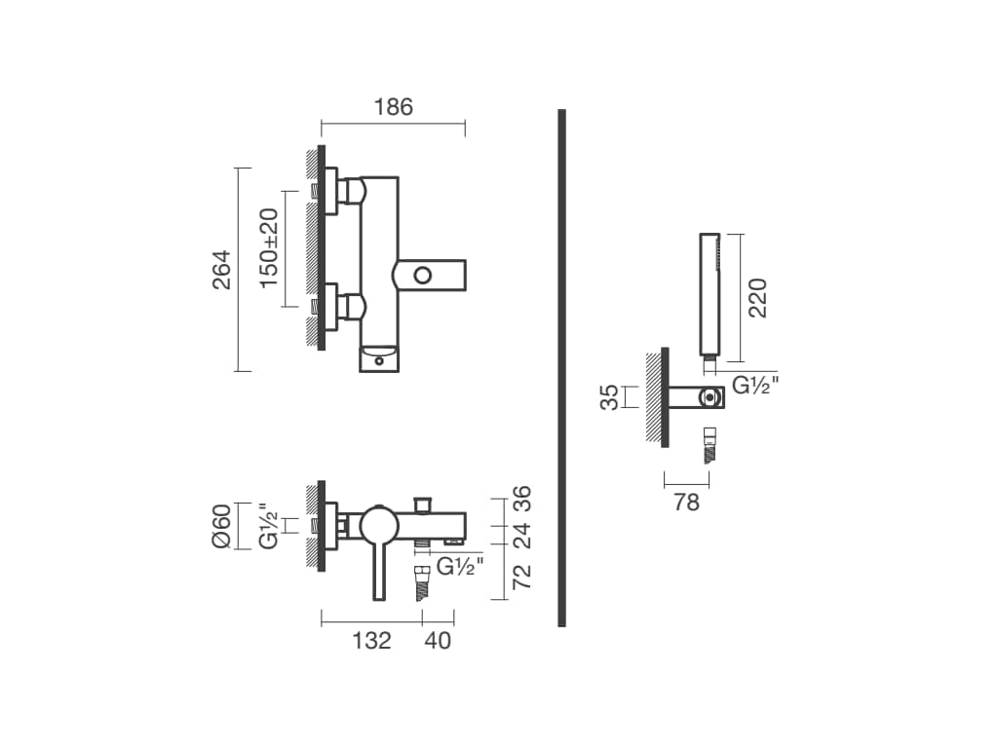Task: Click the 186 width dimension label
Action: pos(394,107)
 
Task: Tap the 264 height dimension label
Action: pos(222,270)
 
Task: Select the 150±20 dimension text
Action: pos(270,248)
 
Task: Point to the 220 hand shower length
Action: pos(758,298)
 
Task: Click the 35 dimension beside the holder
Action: pos(610,397)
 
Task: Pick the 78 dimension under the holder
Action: pos(687,503)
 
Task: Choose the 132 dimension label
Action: pos(371,641)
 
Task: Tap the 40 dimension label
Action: pos(438,641)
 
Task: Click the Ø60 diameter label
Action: pos(221,526)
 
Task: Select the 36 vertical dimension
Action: pos(521,499)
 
